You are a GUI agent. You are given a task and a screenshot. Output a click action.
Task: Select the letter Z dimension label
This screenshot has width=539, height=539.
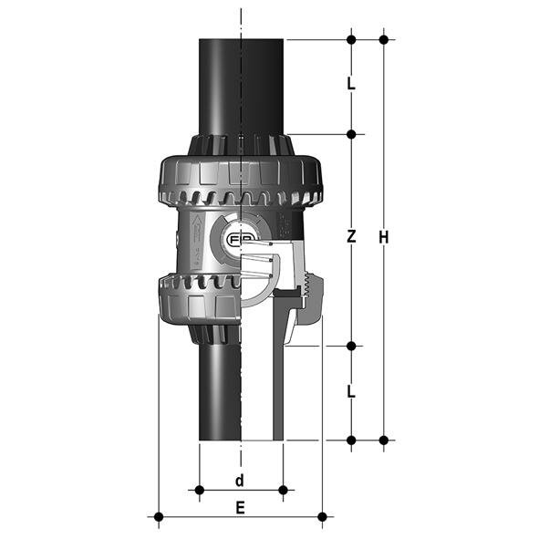point(351,237)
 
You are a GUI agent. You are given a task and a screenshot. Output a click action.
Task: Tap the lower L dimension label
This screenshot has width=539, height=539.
point(351,392)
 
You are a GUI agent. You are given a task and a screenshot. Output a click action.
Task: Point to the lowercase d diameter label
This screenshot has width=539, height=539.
point(240,480)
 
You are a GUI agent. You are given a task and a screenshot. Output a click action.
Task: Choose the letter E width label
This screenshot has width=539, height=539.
point(240,508)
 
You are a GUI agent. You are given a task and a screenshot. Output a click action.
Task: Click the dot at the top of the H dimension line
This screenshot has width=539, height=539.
point(384,39)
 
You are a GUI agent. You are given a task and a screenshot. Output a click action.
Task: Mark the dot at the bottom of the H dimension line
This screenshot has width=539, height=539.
point(384,440)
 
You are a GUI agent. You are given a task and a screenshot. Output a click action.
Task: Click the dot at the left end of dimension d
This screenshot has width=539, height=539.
point(199,491)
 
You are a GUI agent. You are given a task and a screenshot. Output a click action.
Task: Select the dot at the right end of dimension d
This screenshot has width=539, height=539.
point(283,491)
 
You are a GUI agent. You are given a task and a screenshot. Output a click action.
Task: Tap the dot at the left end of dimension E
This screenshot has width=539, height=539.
point(159,517)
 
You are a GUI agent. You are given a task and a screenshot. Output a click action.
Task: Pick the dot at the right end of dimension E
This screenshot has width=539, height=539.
point(322,517)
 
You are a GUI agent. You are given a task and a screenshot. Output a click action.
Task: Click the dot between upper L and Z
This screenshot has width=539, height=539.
point(351,135)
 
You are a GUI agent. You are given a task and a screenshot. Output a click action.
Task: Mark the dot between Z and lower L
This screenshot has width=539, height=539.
point(351,347)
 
